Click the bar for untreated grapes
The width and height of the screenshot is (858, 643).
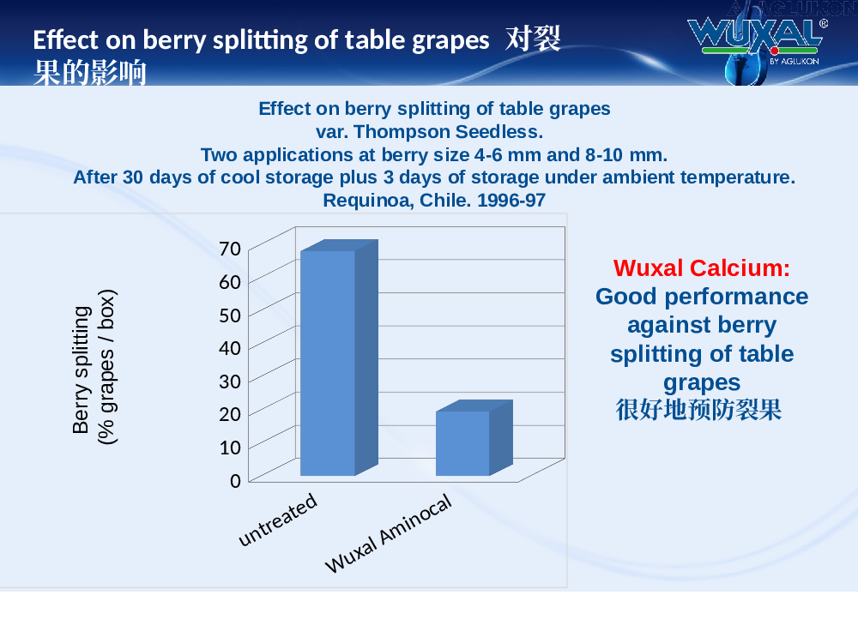click(339, 358)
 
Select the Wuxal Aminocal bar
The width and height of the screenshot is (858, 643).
click(474, 438)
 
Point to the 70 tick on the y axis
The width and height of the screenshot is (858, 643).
click(230, 249)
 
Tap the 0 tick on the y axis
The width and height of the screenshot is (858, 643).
click(235, 481)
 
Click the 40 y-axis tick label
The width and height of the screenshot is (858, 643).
click(230, 348)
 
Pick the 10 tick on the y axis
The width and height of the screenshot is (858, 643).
click(230, 448)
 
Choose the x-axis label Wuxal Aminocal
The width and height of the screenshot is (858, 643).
click(389, 533)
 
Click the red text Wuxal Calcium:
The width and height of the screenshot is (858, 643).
click(702, 267)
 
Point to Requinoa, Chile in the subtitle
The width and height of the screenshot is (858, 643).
click(396, 200)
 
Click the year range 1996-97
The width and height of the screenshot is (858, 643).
click(511, 200)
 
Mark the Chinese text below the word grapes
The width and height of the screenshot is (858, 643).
click(698, 410)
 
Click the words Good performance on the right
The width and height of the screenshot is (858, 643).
click(702, 297)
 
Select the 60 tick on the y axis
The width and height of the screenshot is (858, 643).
click(230, 282)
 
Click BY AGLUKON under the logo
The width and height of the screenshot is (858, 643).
click(794, 61)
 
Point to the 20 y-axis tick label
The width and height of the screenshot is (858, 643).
click(230, 414)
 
